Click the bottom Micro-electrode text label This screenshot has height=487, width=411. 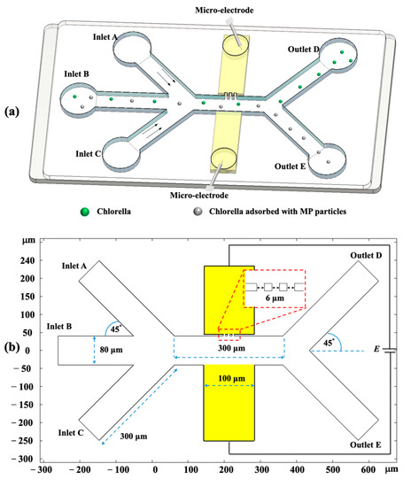pos(208,196)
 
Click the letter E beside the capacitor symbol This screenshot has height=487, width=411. pos(375,349)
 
